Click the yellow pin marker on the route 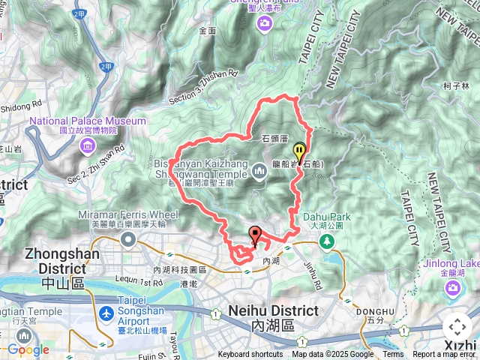(299, 151)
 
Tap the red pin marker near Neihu (254, 235)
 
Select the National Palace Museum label (88, 121)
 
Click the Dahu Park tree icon (326, 241)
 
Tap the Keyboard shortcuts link (250, 355)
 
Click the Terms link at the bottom (393, 355)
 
